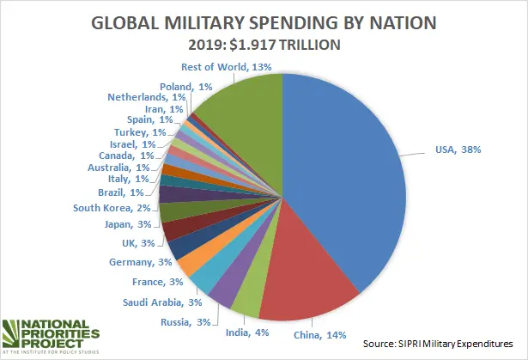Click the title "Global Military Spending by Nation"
point(263,21)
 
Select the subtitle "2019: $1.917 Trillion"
point(264,44)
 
